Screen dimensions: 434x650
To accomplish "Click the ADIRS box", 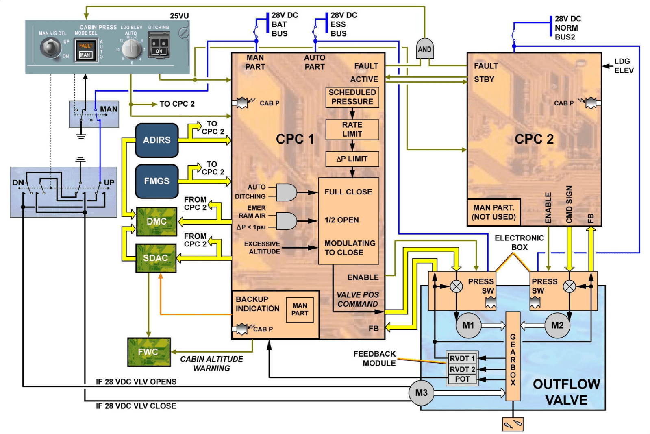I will click(157, 140).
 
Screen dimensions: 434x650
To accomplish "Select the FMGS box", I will click(157, 181).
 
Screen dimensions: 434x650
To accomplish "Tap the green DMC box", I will click(157, 221).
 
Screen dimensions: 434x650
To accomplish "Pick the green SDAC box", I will click(156, 258).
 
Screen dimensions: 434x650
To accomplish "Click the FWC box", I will click(149, 352).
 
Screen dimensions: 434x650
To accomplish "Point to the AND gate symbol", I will click(424, 49).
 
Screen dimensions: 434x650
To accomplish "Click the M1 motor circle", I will click(468, 325).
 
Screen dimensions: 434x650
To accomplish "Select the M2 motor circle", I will click(557, 325).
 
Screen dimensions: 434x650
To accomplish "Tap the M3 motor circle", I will click(421, 393).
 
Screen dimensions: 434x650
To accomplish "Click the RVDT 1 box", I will click(462, 358).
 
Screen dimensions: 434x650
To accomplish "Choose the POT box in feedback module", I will click(462, 379).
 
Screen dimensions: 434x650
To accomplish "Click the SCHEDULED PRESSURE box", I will click(352, 97).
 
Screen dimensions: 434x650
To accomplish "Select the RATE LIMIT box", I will click(352, 129).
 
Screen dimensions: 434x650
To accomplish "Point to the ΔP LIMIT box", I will click(352, 159).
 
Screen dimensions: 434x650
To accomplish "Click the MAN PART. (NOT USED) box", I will click(493, 212).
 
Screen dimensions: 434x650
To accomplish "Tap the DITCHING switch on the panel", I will click(159, 46).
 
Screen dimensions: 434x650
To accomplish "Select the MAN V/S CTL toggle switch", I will click(50, 47).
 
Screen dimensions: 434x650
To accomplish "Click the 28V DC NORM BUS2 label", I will click(567, 28).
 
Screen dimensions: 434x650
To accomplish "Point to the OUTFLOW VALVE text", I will click(566, 392).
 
